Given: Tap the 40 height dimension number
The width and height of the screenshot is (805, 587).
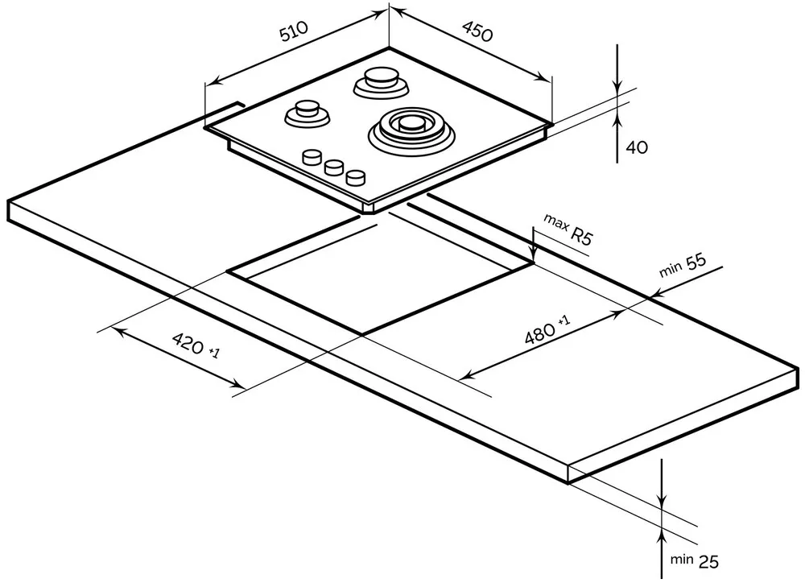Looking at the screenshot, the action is (637, 148).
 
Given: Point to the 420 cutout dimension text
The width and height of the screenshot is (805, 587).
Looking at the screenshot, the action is (188, 343).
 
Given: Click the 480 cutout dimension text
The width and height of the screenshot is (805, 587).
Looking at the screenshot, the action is (540, 333).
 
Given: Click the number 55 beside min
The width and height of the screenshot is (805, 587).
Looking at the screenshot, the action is (696, 262).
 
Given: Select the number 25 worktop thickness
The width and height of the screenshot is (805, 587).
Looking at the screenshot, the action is (708, 562).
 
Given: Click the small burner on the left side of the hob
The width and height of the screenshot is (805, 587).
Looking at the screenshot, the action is (307, 113).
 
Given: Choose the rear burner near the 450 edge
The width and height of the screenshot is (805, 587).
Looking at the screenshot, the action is (382, 82).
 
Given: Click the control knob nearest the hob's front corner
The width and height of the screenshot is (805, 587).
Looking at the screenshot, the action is (356, 177).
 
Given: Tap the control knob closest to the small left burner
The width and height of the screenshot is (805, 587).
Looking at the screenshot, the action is (312, 157).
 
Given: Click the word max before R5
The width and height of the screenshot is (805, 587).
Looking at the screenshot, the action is (555, 223).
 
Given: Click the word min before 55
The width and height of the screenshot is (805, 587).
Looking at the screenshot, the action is (671, 269).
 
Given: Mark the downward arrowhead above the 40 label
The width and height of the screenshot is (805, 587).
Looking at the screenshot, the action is (617, 86).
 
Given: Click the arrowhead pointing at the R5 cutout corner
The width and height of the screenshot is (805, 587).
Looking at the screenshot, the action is (534, 253).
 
